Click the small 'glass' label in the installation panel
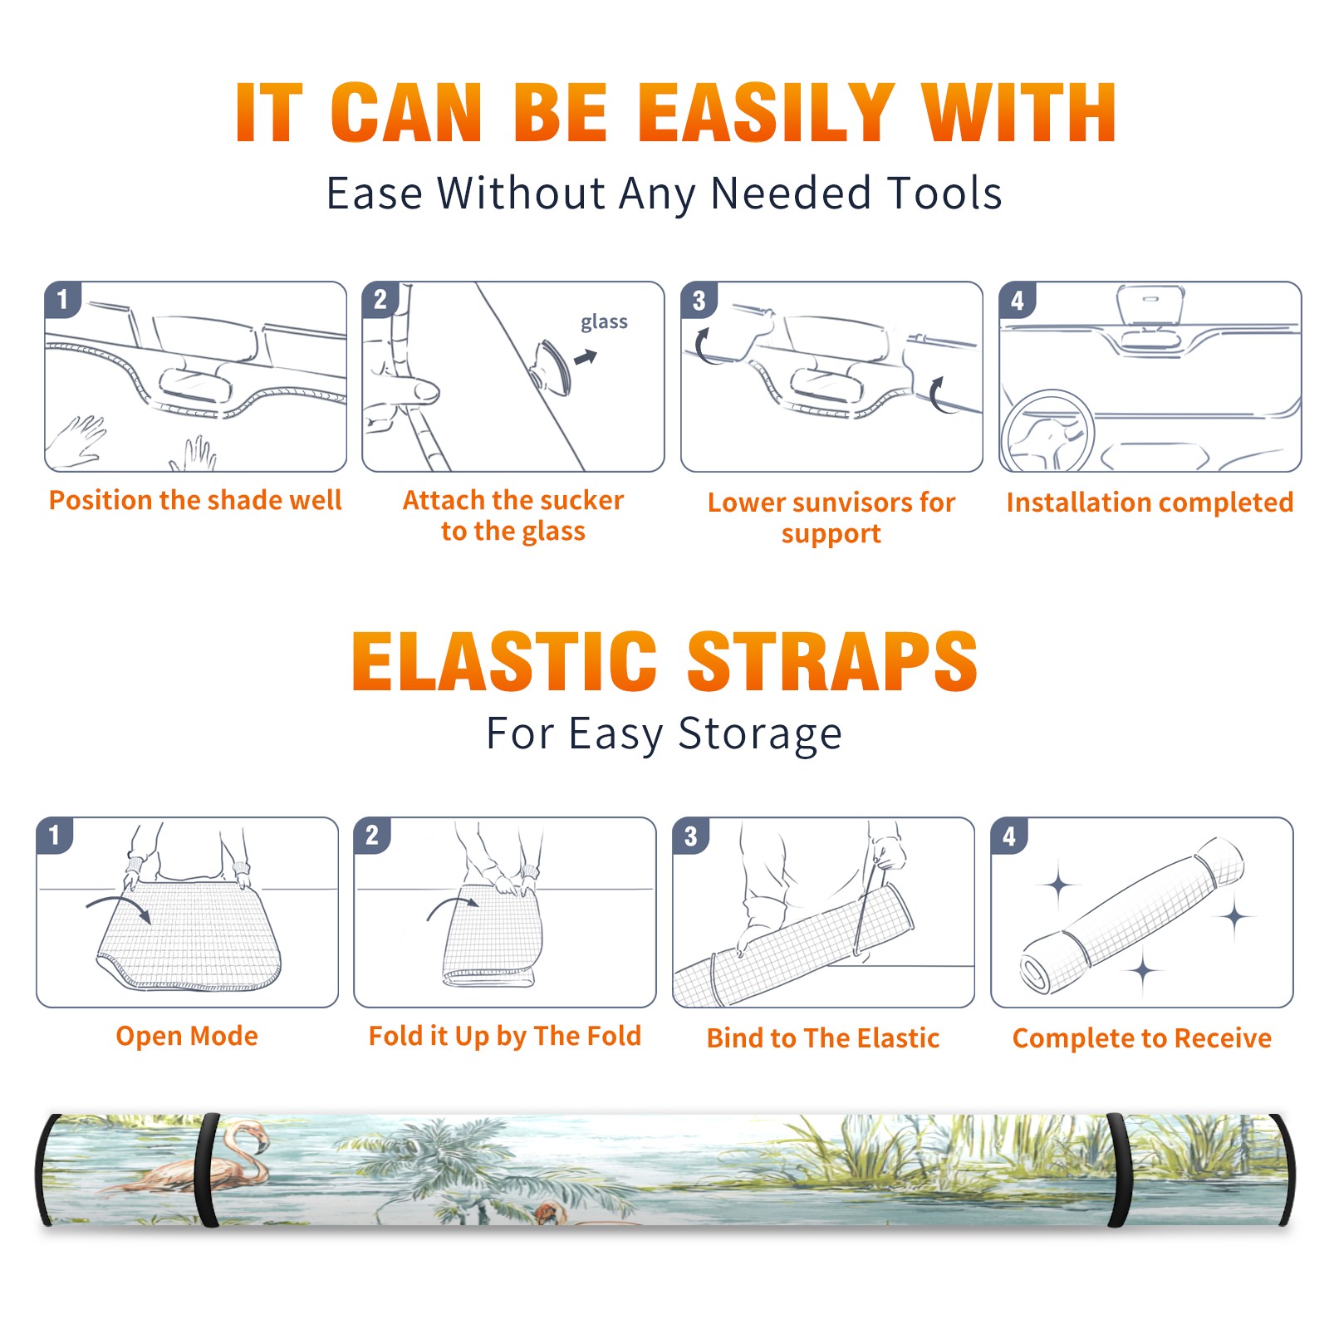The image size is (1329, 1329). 604,321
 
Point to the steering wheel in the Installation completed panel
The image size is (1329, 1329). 1047,430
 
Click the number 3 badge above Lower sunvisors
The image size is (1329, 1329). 699,301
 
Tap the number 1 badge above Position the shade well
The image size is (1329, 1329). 62,299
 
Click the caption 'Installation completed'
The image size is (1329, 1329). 1150,503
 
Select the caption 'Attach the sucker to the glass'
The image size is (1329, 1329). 513,515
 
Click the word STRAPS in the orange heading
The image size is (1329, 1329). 832,661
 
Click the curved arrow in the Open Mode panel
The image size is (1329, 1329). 119,905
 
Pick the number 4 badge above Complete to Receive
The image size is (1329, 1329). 1009,836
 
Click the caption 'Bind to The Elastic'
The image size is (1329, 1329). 823,1038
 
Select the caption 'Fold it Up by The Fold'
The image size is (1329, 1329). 505,1037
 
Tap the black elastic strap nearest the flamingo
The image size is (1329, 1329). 207,1170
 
